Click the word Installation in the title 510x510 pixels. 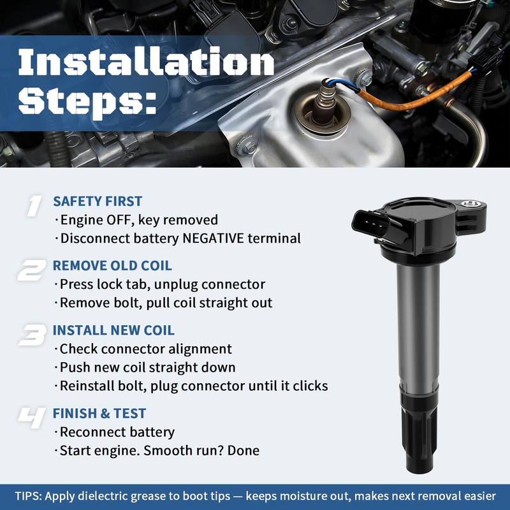(x=147, y=61)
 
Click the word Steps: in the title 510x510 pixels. (x=87, y=101)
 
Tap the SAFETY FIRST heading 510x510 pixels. (x=98, y=201)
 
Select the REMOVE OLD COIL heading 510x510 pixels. (x=112, y=266)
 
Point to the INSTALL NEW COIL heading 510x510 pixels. (x=113, y=330)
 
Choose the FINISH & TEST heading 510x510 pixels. (x=99, y=413)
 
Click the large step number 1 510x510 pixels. (x=34, y=206)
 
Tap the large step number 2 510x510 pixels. (x=31, y=270)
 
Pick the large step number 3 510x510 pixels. (x=33, y=335)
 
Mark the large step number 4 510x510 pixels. (x=31, y=418)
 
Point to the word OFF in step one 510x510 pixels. (x=119, y=220)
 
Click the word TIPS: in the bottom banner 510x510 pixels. (x=28, y=497)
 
